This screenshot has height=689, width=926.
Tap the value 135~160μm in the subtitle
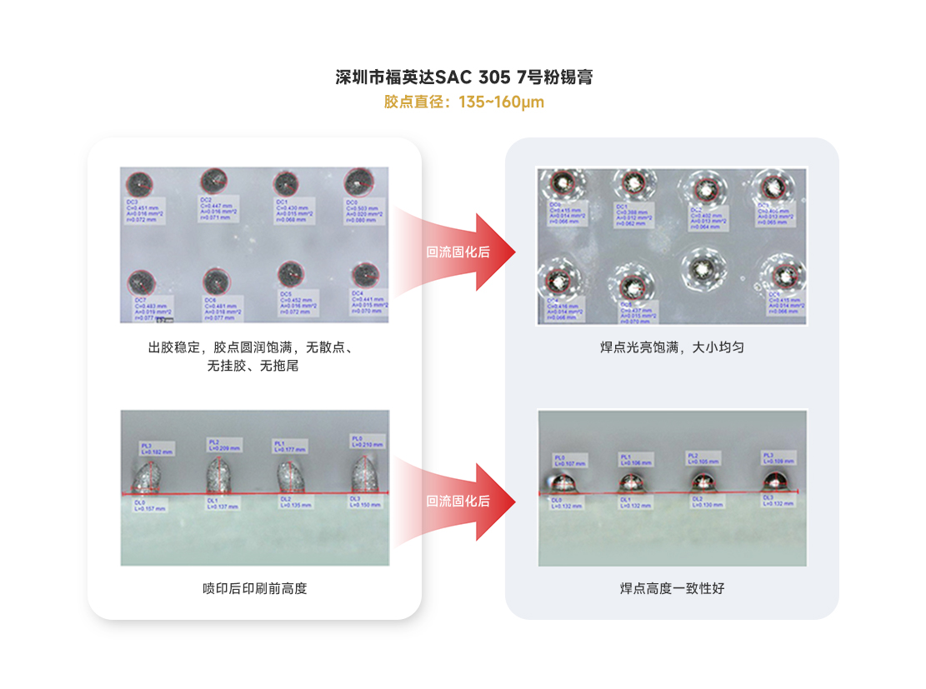coord(501,102)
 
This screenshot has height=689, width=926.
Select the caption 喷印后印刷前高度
coord(255,589)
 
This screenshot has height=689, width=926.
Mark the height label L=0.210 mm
coord(367,442)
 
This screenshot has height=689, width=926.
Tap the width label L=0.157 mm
coord(150,507)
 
